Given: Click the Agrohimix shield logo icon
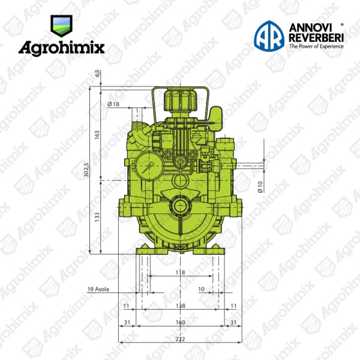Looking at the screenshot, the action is (x=61, y=26).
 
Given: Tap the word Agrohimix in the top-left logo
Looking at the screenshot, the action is (x=62, y=48).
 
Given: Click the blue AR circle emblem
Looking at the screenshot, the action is (x=269, y=35).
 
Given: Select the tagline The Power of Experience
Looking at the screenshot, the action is (x=316, y=46).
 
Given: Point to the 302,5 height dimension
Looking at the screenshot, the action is (x=86, y=170).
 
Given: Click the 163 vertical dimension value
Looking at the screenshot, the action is (x=97, y=135).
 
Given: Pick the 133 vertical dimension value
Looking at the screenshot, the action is (x=97, y=217).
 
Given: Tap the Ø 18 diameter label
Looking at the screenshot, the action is (x=113, y=104).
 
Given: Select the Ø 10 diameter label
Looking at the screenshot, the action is (x=260, y=187).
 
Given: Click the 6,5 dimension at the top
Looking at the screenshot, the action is (x=98, y=73).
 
